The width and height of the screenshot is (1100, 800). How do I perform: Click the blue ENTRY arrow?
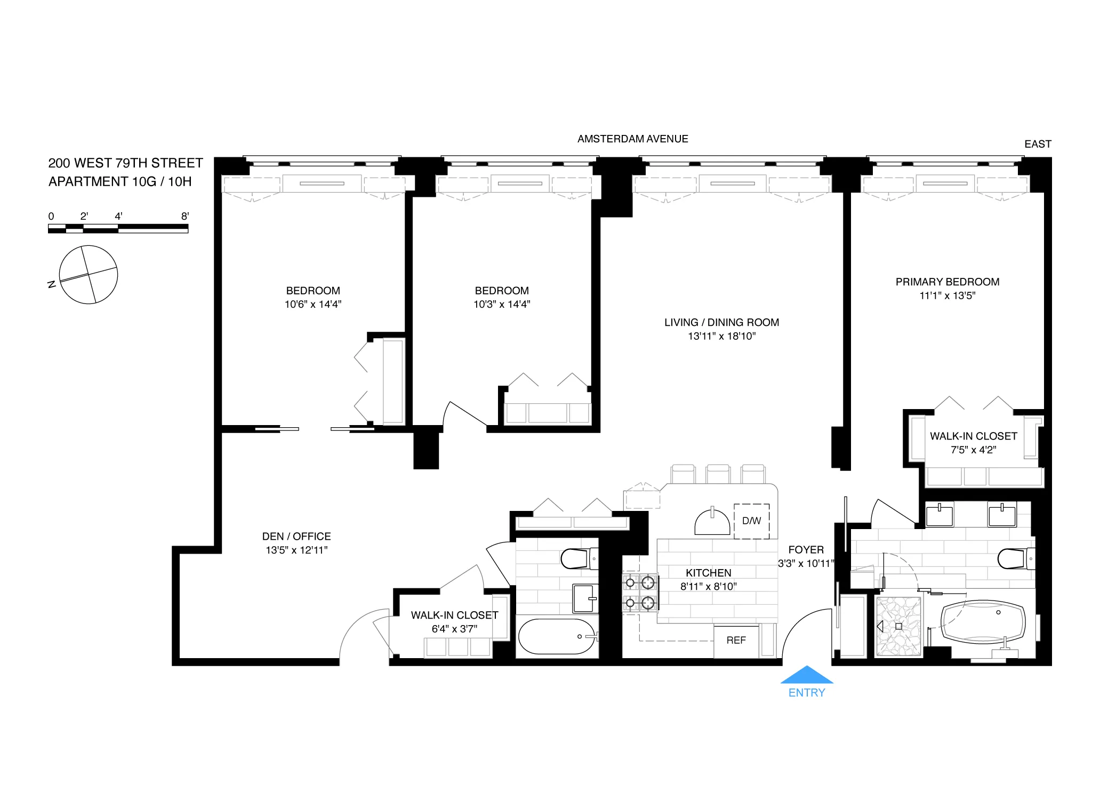(x=806, y=675)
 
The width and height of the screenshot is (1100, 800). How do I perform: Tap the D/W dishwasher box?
(x=751, y=521)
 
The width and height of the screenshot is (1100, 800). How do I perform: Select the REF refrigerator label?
(x=736, y=640)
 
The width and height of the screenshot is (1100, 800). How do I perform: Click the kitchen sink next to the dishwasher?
(x=712, y=523)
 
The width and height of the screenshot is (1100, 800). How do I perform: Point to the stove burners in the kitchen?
(x=639, y=592)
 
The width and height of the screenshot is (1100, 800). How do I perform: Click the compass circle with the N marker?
(x=88, y=275)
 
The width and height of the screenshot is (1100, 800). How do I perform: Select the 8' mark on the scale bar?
(x=185, y=216)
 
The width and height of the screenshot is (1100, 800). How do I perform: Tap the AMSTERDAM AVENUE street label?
(x=632, y=139)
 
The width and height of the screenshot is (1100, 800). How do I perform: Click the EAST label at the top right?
(x=1037, y=144)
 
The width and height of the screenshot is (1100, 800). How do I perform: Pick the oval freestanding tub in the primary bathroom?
(x=983, y=622)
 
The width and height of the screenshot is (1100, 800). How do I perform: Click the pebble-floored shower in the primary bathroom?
(x=899, y=626)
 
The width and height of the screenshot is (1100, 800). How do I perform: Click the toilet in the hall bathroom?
(x=578, y=558)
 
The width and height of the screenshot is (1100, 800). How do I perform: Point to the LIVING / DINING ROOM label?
(x=721, y=322)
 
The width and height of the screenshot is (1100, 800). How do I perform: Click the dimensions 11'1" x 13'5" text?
(x=947, y=295)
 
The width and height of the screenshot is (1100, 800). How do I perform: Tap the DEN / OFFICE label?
(x=296, y=536)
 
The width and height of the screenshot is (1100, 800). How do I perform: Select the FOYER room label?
(x=806, y=549)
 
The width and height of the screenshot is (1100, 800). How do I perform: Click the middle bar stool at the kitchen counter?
(x=718, y=474)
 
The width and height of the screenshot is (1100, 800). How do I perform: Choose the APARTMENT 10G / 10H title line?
(x=120, y=181)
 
